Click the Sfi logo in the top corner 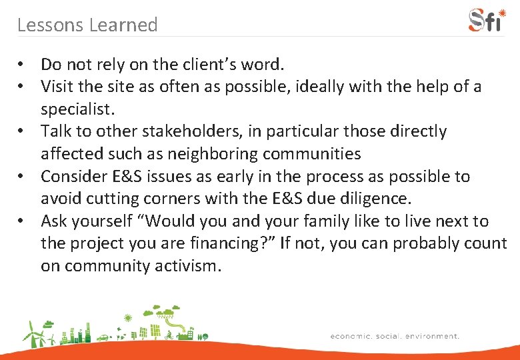click(487, 19)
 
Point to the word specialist click(76, 109)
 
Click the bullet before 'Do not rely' click(23, 65)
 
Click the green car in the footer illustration click(103, 338)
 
